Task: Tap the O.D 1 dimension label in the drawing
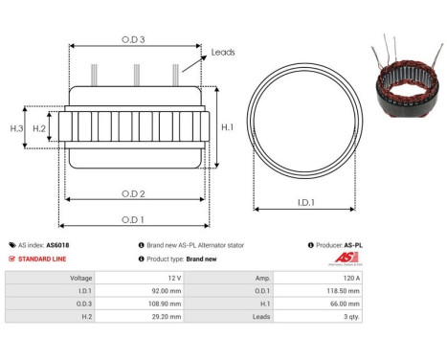(x=134, y=219)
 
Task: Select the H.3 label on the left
(x=16, y=127)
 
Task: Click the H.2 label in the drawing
(x=39, y=127)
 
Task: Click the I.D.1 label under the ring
(x=307, y=203)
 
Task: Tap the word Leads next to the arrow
(x=223, y=53)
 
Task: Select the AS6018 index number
(x=58, y=245)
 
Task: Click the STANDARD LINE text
(x=41, y=259)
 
